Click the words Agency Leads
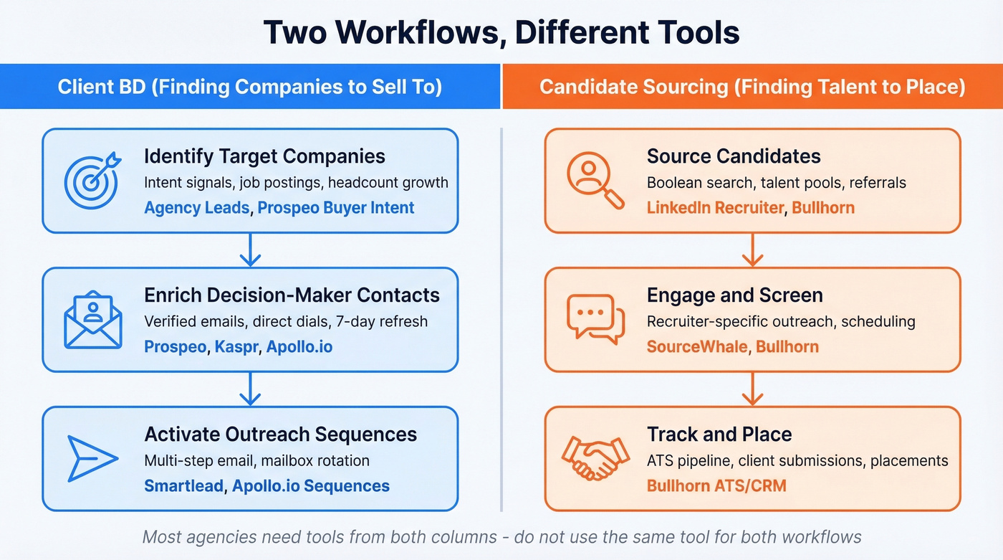(x=197, y=208)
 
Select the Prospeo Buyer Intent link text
(x=336, y=208)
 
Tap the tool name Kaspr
(x=236, y=347)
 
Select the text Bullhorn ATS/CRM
(x=716, y=486)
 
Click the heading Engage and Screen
(x=734, y=295)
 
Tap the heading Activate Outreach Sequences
(x=280, y=435)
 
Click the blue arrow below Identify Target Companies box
(x=249, y=250)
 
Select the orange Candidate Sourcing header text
(x=752, y=87)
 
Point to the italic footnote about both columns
(x=501, y=536)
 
